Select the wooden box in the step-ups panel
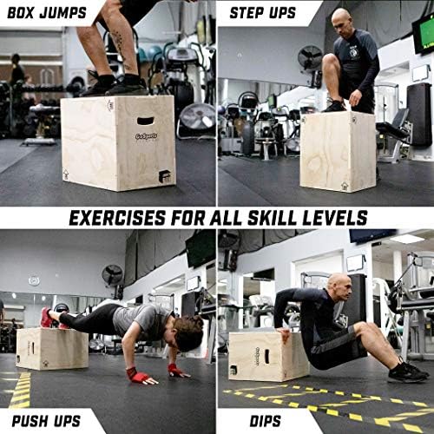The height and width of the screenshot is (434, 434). (337, 150)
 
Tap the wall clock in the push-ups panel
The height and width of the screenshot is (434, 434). (33, 280)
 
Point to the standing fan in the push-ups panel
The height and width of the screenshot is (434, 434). (113, 276)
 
